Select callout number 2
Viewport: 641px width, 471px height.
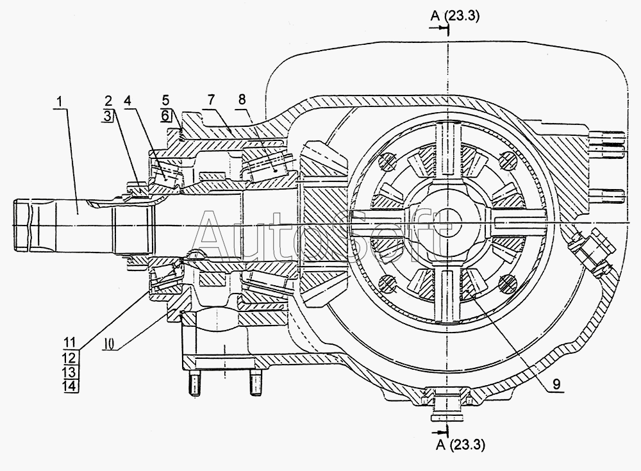[x=108, y=101]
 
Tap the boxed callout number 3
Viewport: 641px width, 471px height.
[x=107, y=116]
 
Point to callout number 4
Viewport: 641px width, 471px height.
[x=128, y=101]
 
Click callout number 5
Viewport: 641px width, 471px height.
[x=165, y=101]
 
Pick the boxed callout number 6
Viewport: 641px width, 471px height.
[x=165, y=115]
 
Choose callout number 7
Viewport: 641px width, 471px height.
[x=211, y=100]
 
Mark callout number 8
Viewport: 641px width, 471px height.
[x=242, y=99]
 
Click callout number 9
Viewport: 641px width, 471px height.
[x=556, y=384]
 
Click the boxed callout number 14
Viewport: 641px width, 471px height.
[x=71, y=386]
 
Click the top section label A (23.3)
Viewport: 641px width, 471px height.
[x=455, y=16]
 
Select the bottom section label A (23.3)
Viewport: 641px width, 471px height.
[x=461, y=445]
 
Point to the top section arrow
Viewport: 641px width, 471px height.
[x=438, y=28]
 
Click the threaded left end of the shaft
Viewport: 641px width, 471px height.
[x=22, y=224]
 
